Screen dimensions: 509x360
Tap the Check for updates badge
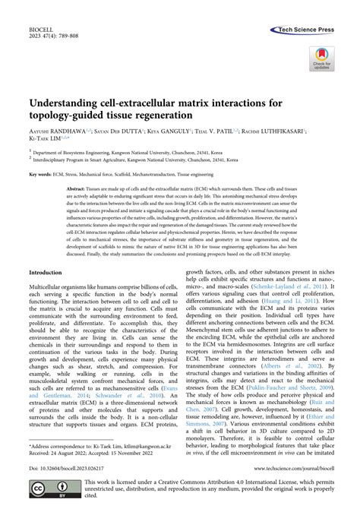tap(323, 58)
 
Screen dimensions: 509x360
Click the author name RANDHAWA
tap(63, 131)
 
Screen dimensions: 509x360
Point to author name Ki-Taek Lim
tap(48, 139)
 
